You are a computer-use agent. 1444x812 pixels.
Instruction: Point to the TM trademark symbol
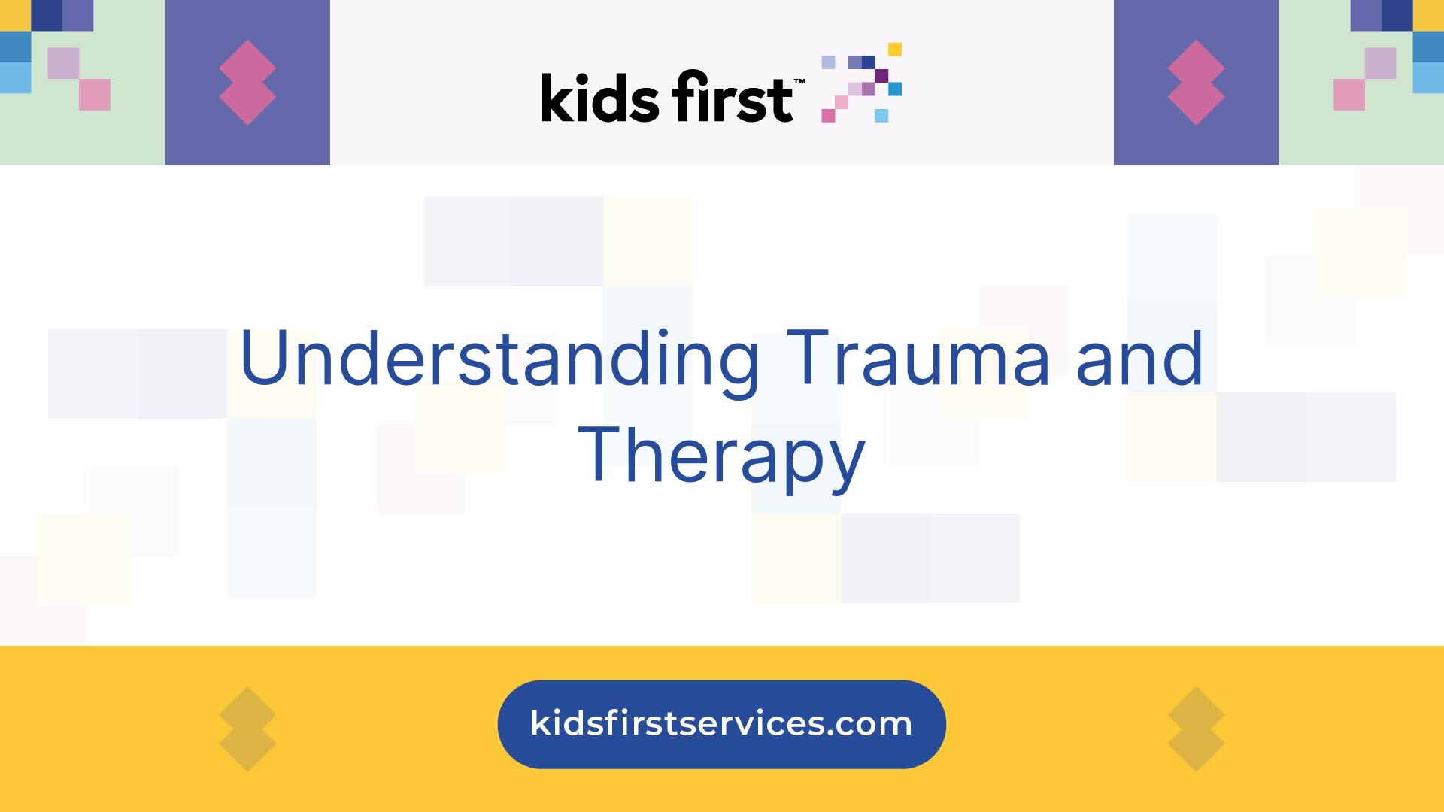pyautogui.click(x=799, y=80)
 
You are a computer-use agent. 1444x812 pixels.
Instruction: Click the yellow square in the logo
pyautogui.click(x=895, y=50)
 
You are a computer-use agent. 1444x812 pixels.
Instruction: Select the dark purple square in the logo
pyautogui.click(x=881, y=75)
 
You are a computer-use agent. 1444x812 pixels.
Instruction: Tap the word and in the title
pyautogui.click(x=1140, y=359)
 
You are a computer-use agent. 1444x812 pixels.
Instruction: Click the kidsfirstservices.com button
pyautogui.click(x=721, y=724)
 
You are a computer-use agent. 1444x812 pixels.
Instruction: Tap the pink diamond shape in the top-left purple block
pyautogui.click(x=247, y=83)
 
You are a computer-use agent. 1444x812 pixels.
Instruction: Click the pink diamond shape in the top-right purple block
pyautogui.click(x=1196, y=83)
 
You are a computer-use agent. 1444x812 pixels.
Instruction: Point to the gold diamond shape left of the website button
pyautogui.click(x=247, y=729)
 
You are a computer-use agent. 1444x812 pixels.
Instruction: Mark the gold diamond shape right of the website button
pyautogui.click(x=1196, y=729)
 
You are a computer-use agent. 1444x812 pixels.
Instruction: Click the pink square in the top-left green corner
pyautogui.click(x=95, y=95)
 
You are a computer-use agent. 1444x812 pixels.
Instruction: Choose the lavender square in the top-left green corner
pyautogui.click(x=63, y=63)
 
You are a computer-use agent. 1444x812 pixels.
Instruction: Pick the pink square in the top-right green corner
pyautogui.click(x=1349, y=95)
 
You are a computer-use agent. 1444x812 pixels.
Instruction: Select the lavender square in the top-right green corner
pyautogui.click(x=1381, y=63)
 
